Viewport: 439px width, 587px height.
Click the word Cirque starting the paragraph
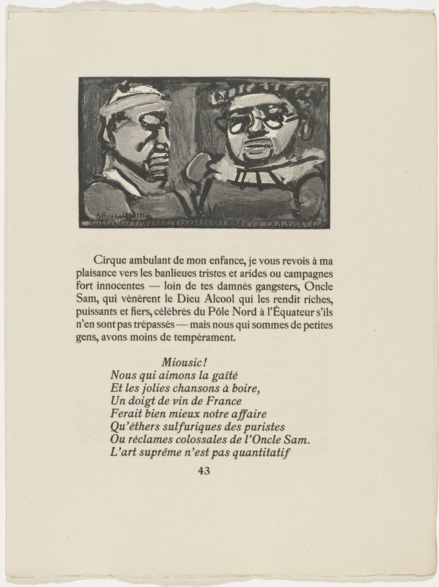click(x=108, y=260)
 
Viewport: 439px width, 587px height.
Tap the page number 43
click(x=204, y=471)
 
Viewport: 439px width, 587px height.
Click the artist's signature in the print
click(x=113, y=215)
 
